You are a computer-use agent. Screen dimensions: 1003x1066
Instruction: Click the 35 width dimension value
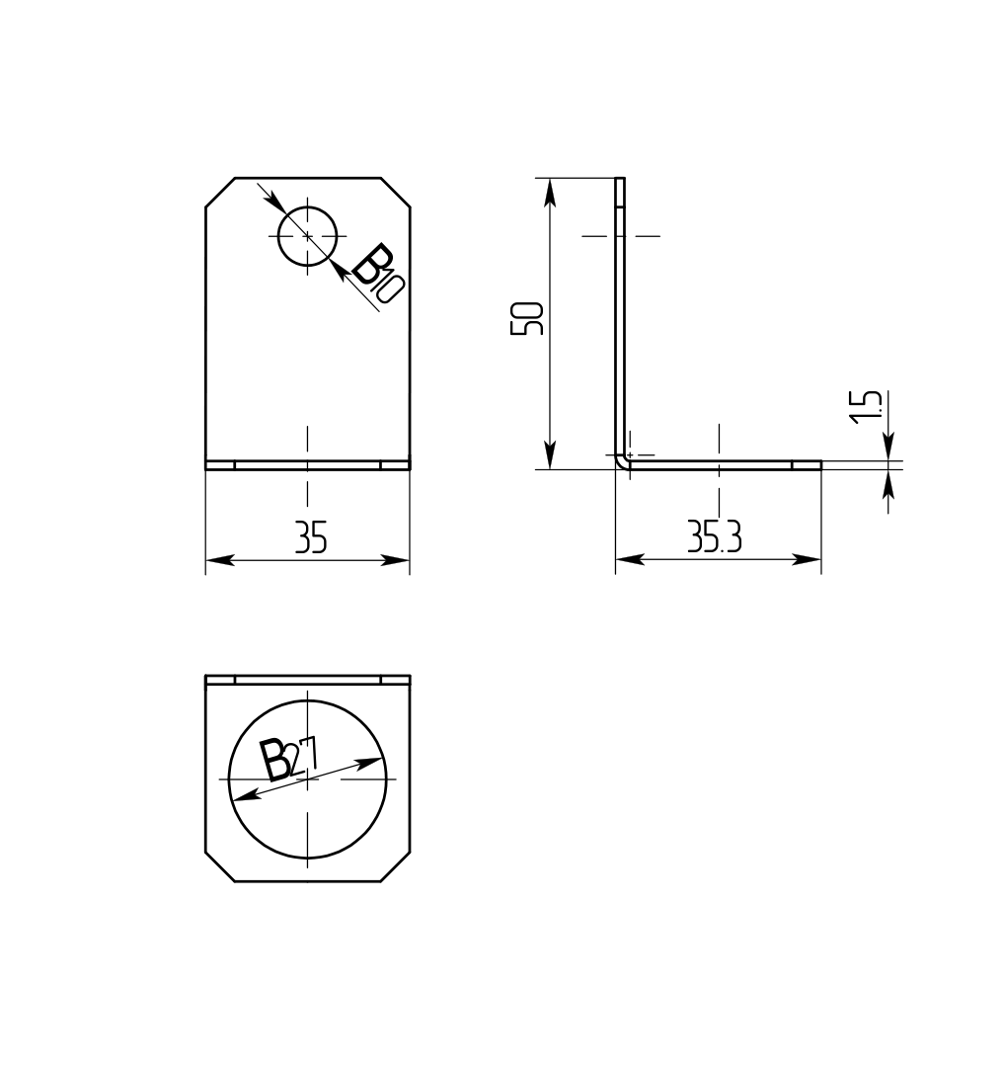point(311,536)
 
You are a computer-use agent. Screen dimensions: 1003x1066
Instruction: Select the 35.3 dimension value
point(714,536)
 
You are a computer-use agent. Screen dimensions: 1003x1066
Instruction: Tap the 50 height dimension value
point(526,318)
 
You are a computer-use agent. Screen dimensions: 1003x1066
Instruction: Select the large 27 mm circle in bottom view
point(229,779)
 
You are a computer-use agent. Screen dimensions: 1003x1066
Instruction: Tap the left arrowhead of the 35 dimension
point(219,560)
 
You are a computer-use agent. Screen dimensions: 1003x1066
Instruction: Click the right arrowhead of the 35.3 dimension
point(808,560)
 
